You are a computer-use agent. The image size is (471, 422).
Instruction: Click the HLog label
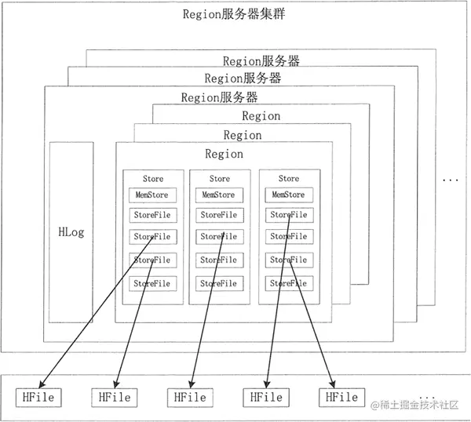(71, 232)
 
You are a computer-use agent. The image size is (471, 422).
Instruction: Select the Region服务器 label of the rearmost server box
(261, 60)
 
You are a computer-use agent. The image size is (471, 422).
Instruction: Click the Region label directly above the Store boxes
(224, 154)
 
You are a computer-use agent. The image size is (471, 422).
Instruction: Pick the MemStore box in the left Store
(153, 195)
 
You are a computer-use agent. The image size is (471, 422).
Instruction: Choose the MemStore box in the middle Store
(218, 195)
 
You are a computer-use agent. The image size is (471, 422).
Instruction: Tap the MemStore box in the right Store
(288, 195)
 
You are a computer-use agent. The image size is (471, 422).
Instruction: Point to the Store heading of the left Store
(153, 179)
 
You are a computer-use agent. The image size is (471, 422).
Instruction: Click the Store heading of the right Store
(288, 179)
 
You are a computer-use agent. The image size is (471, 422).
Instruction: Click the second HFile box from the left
(115, 398)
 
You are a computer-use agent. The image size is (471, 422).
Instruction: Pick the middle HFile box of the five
(190, 398)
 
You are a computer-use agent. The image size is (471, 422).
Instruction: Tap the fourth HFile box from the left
(266, 398)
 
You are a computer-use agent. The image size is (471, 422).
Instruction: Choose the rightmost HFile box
(341, 398)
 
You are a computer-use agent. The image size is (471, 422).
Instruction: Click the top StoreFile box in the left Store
(153, 215)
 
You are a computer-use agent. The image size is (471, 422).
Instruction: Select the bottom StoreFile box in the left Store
(153, 283)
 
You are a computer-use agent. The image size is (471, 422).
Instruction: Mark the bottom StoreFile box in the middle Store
(218, 283)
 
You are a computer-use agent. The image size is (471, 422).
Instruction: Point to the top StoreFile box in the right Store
(288, 215)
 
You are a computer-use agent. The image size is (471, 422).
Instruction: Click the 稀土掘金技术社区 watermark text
(419, 405)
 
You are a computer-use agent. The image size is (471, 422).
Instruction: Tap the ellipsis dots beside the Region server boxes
(449, 180)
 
